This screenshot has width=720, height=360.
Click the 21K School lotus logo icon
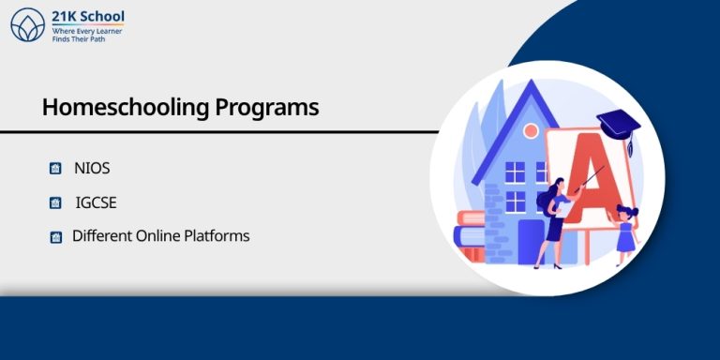(x=27, y=24)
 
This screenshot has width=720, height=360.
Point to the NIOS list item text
(x=92, y=169)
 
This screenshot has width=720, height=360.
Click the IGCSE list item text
(x=96, y=202)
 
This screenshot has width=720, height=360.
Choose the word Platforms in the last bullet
(x=218, y=235)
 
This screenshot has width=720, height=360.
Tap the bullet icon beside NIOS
(x=55, y=170)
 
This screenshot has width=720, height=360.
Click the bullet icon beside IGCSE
(x=55, y=203)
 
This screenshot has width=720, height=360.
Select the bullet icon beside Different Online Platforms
(x=55, y=237)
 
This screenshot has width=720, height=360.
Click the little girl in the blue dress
(x=625, y=230)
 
